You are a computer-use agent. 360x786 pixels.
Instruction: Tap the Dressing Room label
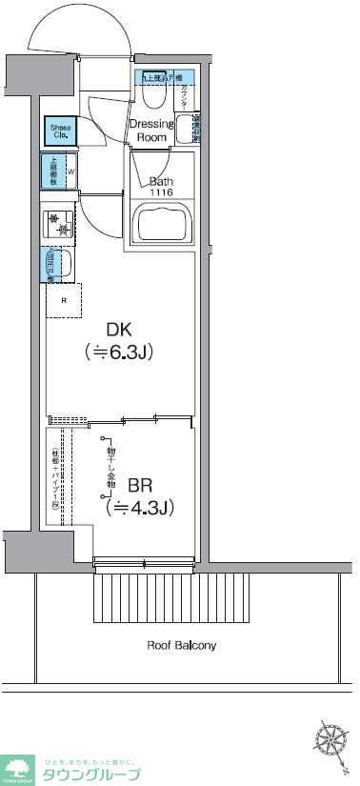[x=150, y=131]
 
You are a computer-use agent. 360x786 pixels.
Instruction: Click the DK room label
[x=119, y=331]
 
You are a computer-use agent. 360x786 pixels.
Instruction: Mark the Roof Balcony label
[x=181, y=645]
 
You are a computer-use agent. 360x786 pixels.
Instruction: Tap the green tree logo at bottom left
[x=18, y=767]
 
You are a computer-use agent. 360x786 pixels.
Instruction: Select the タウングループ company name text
[x=91, y=774]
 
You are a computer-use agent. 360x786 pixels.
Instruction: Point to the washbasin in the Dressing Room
[x=191, y=127]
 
